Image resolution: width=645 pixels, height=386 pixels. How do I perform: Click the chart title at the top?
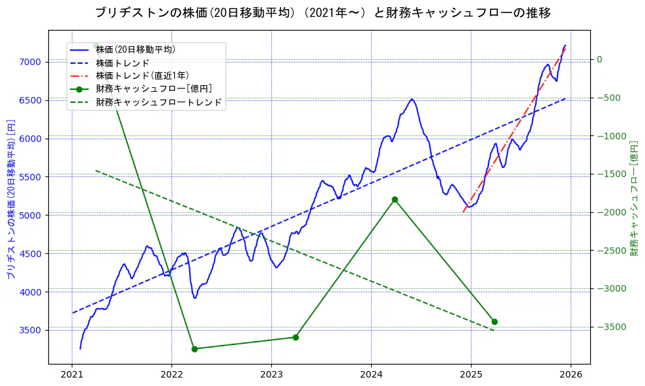322,13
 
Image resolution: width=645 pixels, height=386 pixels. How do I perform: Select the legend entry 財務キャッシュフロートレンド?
158,102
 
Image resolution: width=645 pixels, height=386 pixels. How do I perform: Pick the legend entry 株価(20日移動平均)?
135,49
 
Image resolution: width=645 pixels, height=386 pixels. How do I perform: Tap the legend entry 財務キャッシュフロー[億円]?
153,89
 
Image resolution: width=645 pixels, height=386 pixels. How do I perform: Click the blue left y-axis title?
10,200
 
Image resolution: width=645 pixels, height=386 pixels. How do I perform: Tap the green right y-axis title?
633,196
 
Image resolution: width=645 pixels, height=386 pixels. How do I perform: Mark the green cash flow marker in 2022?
194,349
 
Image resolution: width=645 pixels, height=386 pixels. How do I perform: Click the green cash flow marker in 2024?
395,199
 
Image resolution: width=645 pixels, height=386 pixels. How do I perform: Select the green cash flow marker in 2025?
494,322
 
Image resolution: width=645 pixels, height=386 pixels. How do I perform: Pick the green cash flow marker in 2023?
295,337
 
